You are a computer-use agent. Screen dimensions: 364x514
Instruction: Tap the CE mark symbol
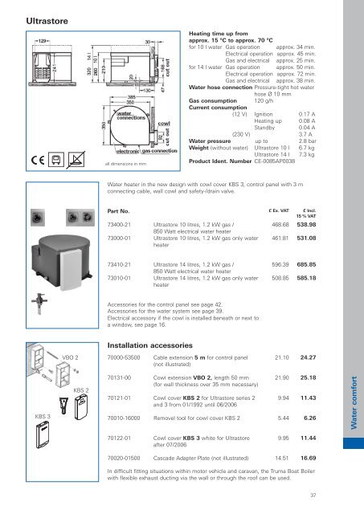click(x=30, y=160)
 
